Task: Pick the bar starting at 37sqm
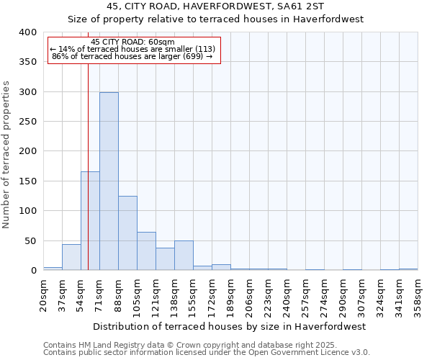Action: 71,257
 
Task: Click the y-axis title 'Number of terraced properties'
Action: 6,155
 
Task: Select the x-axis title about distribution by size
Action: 230,326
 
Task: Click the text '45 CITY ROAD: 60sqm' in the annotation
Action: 133,42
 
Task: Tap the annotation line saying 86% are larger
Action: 132,56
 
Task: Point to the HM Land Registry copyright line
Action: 186,345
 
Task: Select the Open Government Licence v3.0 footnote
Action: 207,352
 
